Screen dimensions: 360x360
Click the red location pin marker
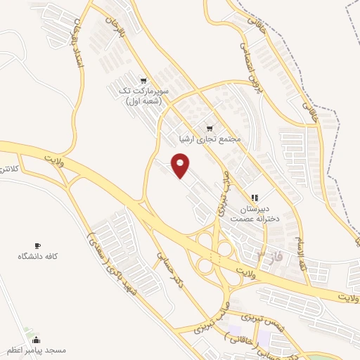point(181,166)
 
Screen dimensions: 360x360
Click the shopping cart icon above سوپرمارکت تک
point(143,81)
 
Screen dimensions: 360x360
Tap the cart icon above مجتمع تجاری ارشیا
point(209,128)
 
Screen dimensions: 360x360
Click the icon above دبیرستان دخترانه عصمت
point(255,198)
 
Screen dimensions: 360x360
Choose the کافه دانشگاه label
point(37,257)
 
